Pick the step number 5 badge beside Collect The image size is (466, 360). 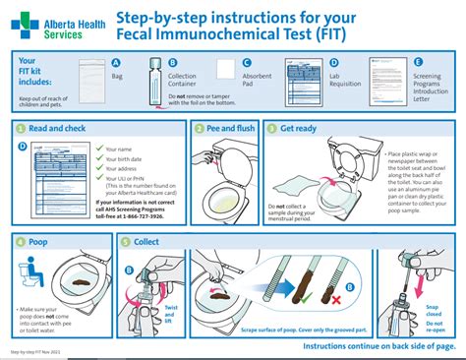coord(125,241)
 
